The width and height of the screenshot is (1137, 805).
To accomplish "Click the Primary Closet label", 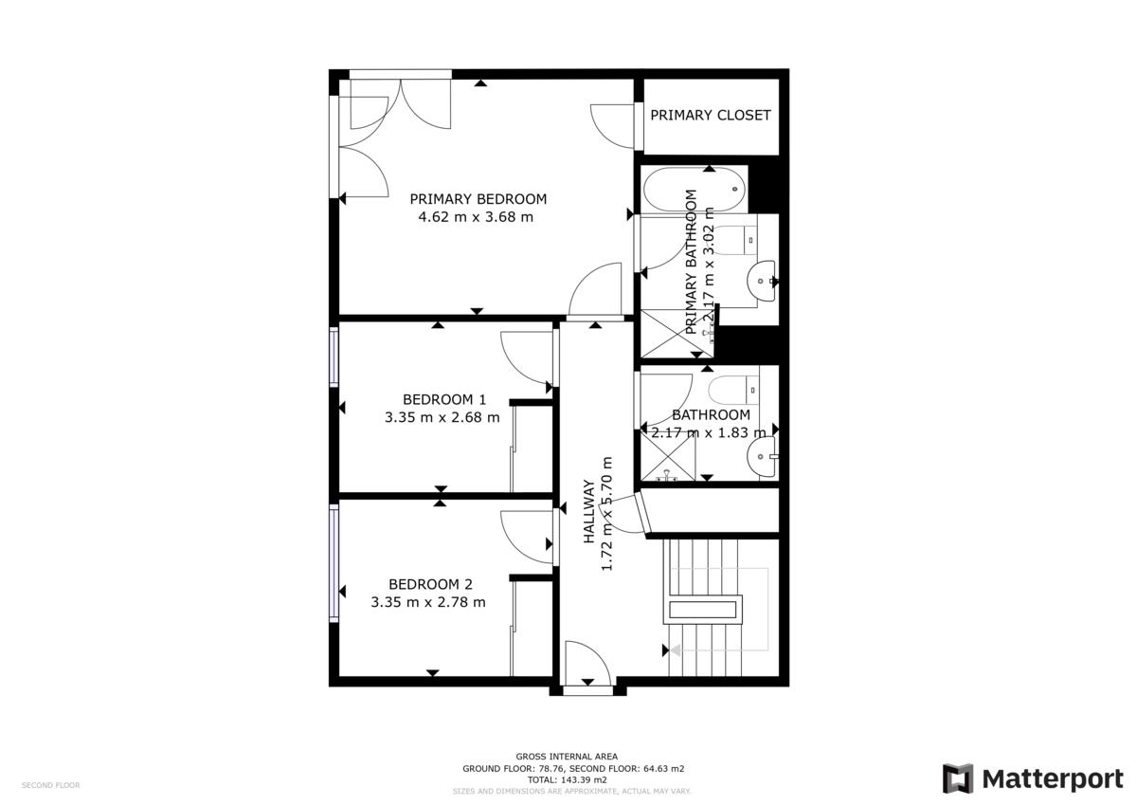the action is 710,116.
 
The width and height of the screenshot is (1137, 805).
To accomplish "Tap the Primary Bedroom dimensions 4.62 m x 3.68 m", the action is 476,217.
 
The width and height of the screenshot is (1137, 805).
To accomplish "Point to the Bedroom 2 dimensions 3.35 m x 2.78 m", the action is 428,602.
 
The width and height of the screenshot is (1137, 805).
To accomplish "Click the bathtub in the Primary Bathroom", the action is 695,190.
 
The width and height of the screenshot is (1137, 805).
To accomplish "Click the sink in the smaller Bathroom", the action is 761,457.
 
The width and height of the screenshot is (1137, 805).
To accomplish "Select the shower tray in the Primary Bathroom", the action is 677,333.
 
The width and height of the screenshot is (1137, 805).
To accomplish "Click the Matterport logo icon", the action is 958,778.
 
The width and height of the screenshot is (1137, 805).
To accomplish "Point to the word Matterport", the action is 1053,779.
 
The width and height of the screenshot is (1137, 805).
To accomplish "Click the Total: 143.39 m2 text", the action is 567,779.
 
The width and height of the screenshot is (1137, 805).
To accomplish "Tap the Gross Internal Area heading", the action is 567,757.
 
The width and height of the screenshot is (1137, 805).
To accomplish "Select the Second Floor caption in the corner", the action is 51,785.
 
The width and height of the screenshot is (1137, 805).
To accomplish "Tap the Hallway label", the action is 588,511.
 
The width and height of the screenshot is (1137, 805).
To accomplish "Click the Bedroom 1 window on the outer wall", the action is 334,357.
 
